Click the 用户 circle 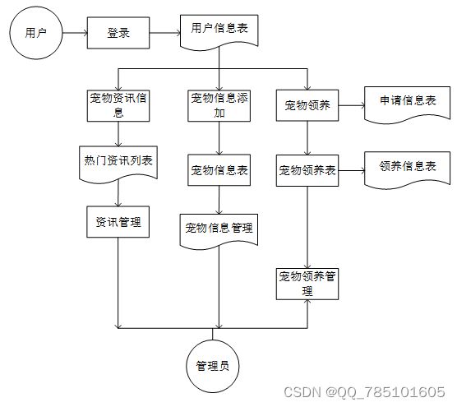click(x=36, y=33)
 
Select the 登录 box click(x=118, y=33)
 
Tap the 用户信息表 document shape click(x=219, y=31)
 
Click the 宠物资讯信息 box click(x=118, y=105)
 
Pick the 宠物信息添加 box click(x=219, y=105)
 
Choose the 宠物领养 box click(x=307, y=105)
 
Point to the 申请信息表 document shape click(x=408, y=104)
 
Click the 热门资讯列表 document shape click(x=118, y=164)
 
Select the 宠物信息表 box click(x=219, y=170)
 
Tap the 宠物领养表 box click(x=307, y=170)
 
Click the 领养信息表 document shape click(x=408, y=169)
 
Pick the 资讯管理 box click(x=118, y=222)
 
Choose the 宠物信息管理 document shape click(x=219, y=231)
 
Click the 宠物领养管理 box click(x=307, y=284)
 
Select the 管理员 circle click(x=212, y=366)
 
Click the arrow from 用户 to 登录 click(x=75, y=33)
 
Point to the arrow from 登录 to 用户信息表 click(x=165, y=33)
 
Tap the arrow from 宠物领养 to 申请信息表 click(x=352, y=105)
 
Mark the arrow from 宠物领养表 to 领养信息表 click(x=352, y=170)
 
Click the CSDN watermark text click(x=364, y=392)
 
